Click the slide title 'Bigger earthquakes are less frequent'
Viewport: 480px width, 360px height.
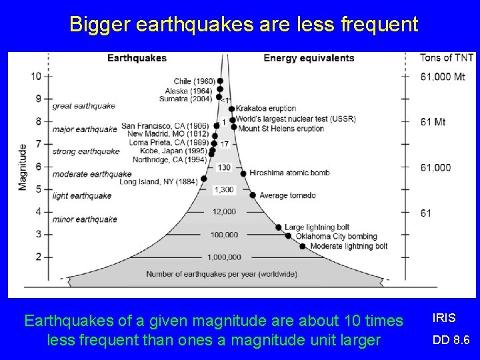pyautogui.click(x=244, y=25)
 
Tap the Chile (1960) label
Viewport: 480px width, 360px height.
pyautogui.click(x=195, y=81)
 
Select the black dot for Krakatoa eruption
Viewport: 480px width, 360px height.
pyautogui.click(x=231, y=109)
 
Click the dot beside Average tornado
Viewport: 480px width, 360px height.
pyautogui.click(x=253, y=195)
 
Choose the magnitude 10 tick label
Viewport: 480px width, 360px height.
pyautogui.click(x=36, y=76)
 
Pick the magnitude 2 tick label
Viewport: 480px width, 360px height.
pyautogui.click(x=39, y=257)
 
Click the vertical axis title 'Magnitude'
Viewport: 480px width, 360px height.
pyautogui.click(x=23, y=166)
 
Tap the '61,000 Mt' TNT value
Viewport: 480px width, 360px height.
pyautogui.click(x=443, y=77)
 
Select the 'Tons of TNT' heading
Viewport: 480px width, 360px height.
pyautogui.click(x=446, y=58)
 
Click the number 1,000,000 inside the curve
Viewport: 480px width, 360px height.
pyautogui.click(x=224, y=257)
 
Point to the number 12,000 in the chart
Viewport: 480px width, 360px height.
pyautogui.click(x=224, y=212)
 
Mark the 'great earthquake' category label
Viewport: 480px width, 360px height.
pyautogui.click(x=84, y=105)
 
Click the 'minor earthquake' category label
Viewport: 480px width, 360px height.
pyautogui.click(x=85, y=219)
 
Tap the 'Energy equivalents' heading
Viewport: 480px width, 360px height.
pyautogui.click(x=309, y=58)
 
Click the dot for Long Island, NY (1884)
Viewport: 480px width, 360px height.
pyautogui.click(x=203, y=179)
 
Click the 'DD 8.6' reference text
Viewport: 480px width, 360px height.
pyautogui.click(x=451, y=340)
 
